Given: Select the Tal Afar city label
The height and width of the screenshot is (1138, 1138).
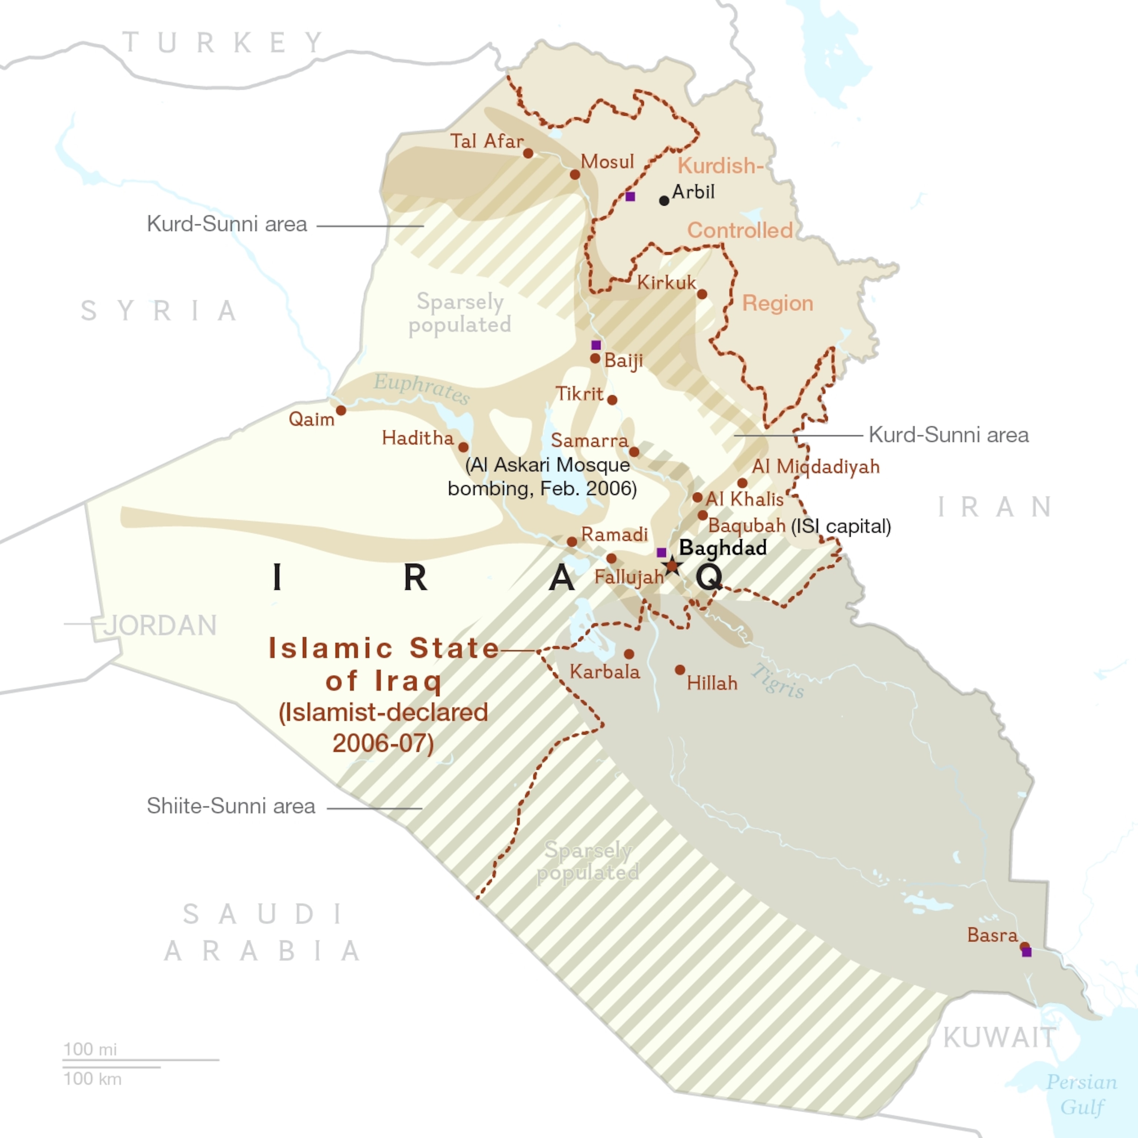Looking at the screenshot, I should pos(486,142).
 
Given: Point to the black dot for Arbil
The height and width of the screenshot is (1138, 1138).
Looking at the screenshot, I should pos(664,201).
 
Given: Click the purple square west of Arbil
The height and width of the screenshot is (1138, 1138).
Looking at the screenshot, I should pos(630,196).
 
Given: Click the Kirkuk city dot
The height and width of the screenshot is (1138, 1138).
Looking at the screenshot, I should pos(702,294).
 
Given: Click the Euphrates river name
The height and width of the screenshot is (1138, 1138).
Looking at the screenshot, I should pos(422,388).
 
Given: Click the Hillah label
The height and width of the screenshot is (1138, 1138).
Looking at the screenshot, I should pos(712,683).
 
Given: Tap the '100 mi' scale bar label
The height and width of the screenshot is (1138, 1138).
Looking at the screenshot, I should pos(90,1049).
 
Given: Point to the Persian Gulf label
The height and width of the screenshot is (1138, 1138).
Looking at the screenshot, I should pos(1081,1094).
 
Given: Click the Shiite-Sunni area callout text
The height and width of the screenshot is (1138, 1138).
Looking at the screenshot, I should pos(231,806).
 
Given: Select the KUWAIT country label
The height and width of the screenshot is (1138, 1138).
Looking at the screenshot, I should pos(999,1037).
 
